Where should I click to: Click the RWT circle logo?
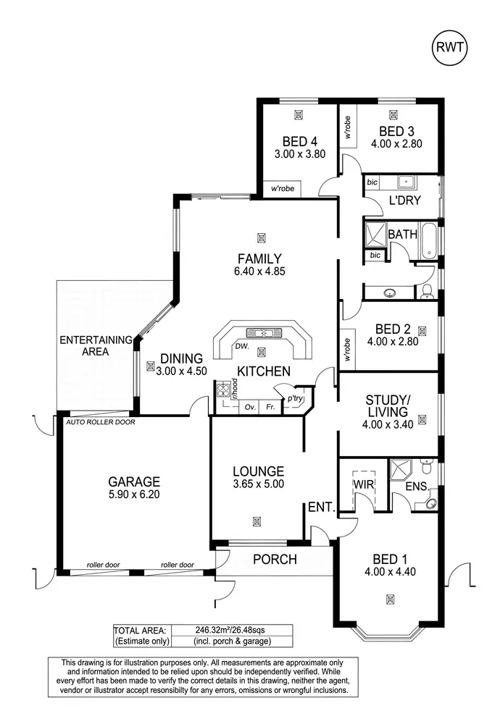(449, 49)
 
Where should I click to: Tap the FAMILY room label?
(258, 258)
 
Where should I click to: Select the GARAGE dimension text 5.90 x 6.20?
(134, 496)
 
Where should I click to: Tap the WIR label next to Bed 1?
(362, 481)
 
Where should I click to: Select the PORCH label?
(275, 559)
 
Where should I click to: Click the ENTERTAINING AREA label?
(95, 345)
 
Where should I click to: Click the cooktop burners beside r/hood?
(224, 392)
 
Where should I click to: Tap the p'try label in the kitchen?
(295, 399)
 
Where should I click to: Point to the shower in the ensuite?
(400, 470)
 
